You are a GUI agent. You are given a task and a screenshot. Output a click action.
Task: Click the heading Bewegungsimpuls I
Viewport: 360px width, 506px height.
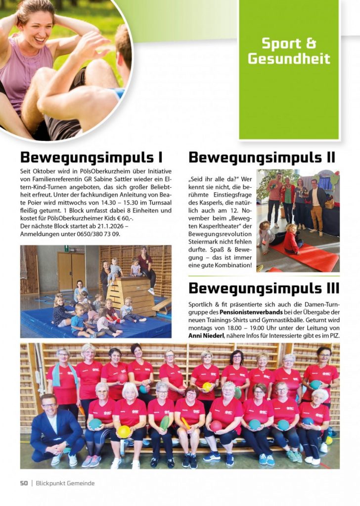pyautogui.click(x=91, y=157)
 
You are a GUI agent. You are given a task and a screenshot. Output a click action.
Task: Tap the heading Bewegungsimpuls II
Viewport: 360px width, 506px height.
pyautogui.click(x=262, y=157)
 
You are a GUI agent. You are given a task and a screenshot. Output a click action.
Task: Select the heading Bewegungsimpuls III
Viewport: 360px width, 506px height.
pyautogui.click(x=264, y=288)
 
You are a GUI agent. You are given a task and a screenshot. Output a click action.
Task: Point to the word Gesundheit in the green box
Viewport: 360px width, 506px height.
pyautogui.click(x=289, y=59)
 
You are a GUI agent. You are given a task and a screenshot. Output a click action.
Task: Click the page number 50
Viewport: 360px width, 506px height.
pyautogui.click(x=24, y=483)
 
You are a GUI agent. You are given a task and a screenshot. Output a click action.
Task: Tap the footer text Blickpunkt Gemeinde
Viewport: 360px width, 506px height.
pyautogui.click(x=65, y=483)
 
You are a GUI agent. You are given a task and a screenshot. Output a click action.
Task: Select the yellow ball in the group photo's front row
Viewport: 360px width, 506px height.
pyautogui.click(x=124, y=431)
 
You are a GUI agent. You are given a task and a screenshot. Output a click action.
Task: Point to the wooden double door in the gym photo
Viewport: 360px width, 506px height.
pyautogui.click(x=72, y=271)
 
